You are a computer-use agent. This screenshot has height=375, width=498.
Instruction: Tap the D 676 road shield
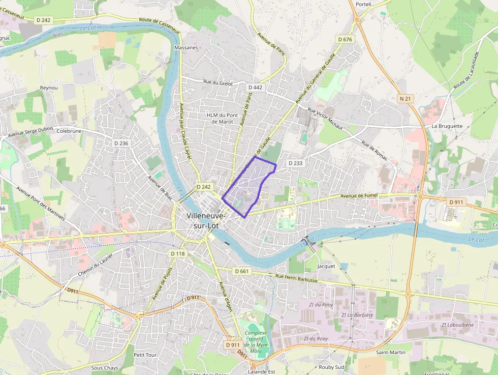345,39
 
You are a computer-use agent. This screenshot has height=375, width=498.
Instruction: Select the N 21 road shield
405,99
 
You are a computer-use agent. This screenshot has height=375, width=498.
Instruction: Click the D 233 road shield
295,163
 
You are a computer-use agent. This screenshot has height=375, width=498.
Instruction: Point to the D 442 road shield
256,88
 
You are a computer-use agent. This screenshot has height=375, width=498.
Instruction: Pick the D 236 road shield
121,143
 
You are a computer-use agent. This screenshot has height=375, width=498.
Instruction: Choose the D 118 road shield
178,253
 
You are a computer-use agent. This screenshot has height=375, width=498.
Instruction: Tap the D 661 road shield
242,271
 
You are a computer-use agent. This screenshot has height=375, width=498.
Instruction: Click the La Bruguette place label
447,126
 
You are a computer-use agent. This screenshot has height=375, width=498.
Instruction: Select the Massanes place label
186,47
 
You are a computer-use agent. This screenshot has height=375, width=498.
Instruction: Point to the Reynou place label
49,88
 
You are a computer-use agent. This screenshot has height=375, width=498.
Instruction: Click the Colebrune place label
69,130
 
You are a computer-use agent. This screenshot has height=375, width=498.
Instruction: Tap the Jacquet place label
326,266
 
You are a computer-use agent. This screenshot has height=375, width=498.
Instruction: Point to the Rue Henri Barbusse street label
296,278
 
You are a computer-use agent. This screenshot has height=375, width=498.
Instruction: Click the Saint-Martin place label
390,352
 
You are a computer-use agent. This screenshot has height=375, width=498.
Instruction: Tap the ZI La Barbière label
357,315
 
